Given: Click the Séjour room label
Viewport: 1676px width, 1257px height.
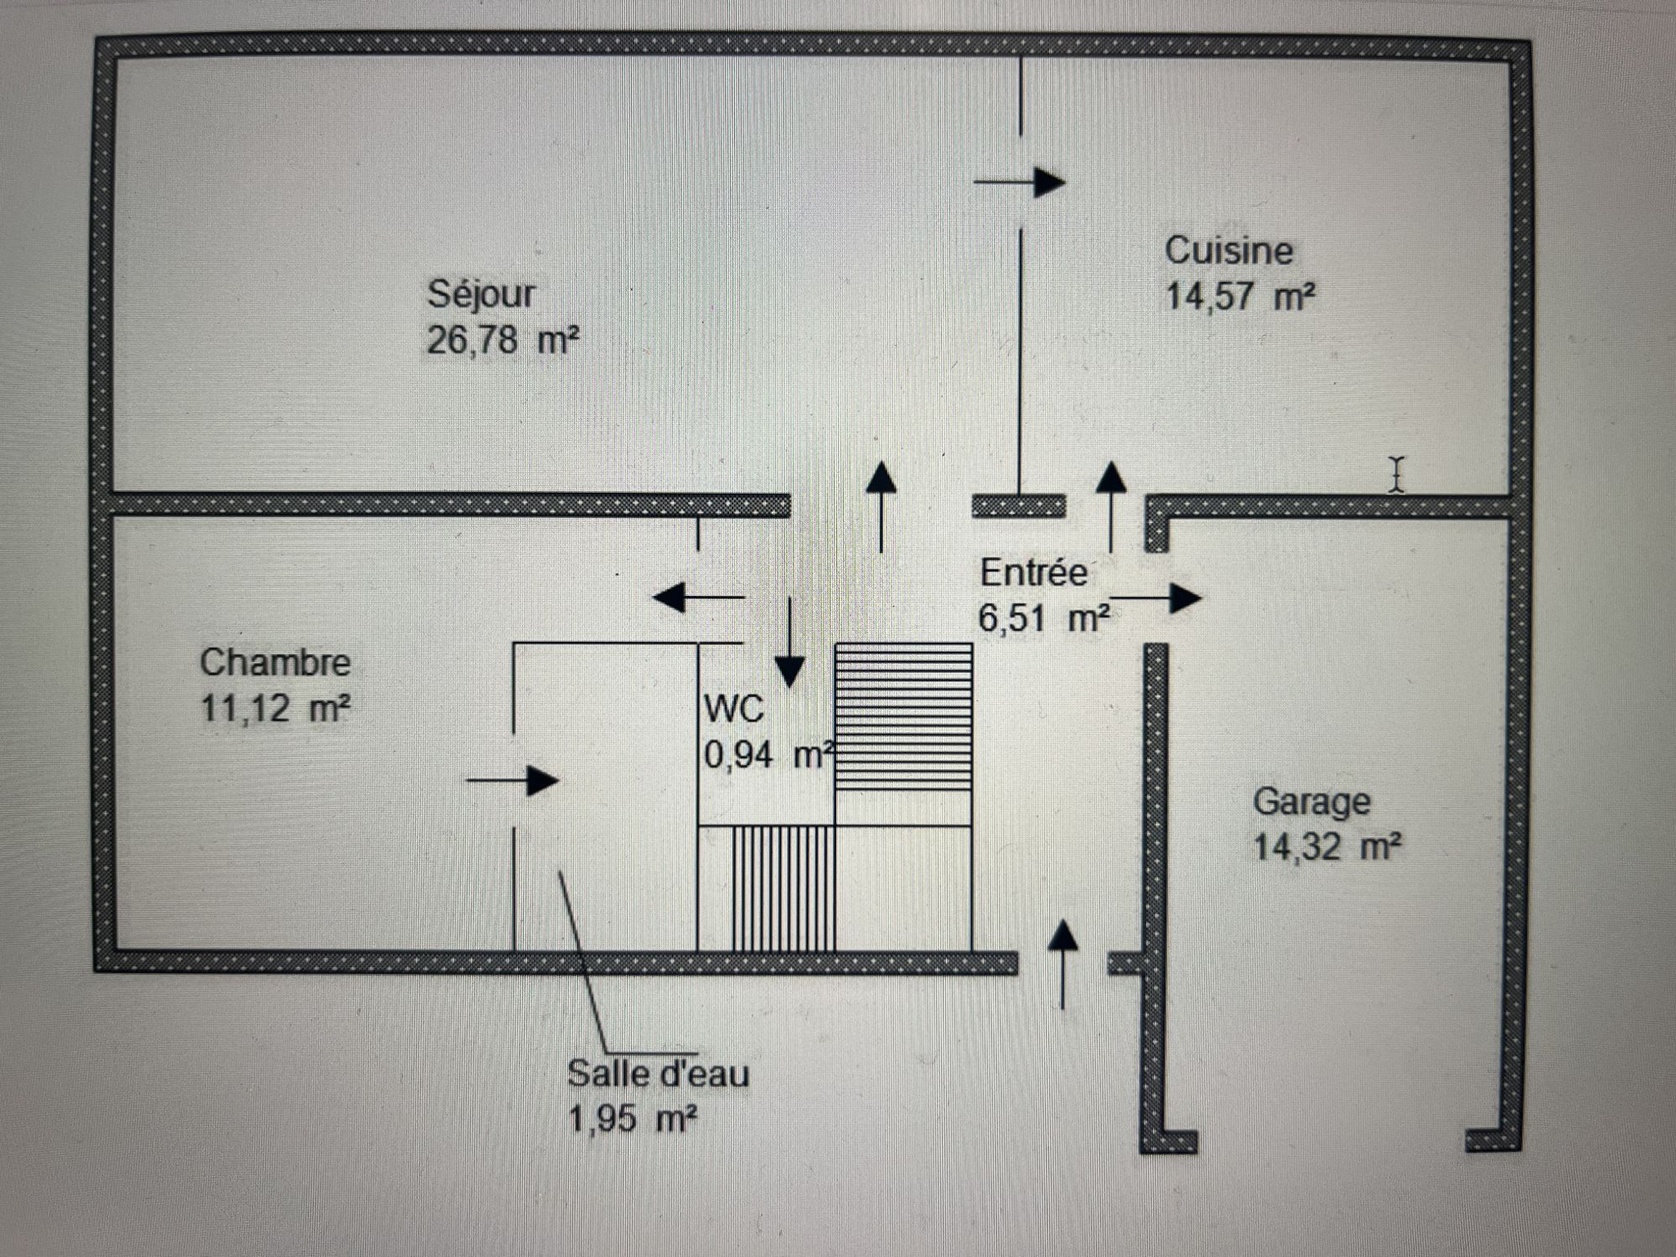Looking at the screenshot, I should pyautogui.click(x=481, y=294).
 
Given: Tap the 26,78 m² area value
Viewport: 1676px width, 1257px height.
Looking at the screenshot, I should pyautogui.click(x=503, y=341).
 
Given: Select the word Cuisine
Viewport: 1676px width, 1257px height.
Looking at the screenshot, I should pyautogui.click(x=1229, y=251).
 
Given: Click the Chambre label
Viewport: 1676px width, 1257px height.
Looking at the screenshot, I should pyautogui.click(x=275, y=663).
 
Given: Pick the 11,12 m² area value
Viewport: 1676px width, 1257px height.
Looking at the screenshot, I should pyautogui.click(x=275, y=709).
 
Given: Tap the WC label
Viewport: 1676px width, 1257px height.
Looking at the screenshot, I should pyautogui.click(x=734, y=710).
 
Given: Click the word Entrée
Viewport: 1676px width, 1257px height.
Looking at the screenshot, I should pyautogui.click(x=1033, y=573).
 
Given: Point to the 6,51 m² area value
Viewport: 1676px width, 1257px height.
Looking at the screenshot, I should pyautogui.click(x=1044, y=619).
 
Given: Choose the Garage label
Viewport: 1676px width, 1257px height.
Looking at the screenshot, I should pyautogui.click(x=1311, y=802).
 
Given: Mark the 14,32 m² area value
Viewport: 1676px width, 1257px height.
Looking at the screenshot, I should pyautogui.click(x=1327, y=847).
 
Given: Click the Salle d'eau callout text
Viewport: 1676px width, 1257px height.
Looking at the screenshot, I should pyautogui.click(x=658, y=1074).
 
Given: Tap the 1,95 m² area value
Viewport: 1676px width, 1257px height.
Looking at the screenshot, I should pyautogui.click(x=633, y=1120).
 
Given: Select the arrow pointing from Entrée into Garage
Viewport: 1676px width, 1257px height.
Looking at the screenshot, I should pyautogui.click(x=1156, y=598).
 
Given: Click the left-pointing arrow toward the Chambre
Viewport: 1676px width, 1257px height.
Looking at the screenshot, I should pyautogui.click(x=697, y=597).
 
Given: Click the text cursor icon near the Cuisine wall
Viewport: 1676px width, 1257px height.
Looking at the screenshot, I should pyautogui.click(x=1395, y=474).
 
